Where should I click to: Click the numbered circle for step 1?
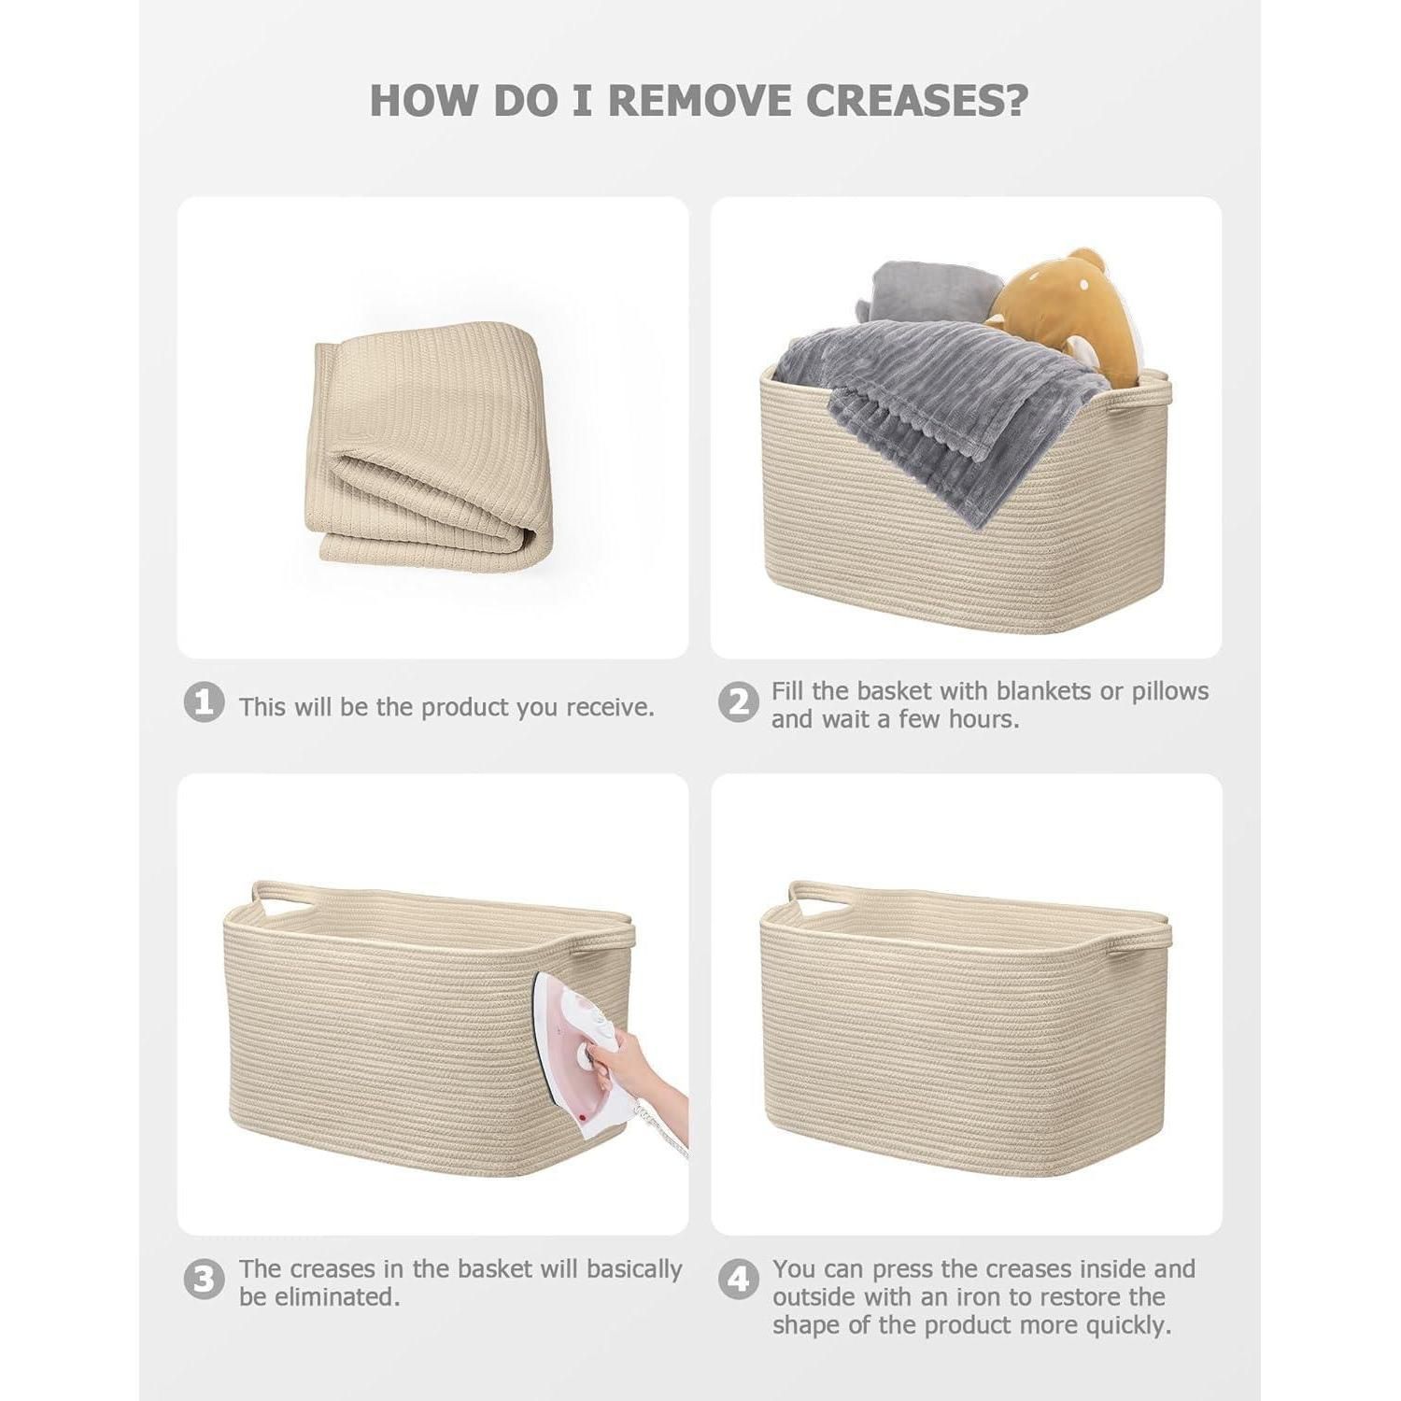(204, 703)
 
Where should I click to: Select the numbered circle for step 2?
(738, 703)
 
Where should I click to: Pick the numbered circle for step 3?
(204, 1281)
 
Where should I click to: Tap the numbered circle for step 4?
(738, 1281)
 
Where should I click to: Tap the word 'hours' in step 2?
(982, 720)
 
